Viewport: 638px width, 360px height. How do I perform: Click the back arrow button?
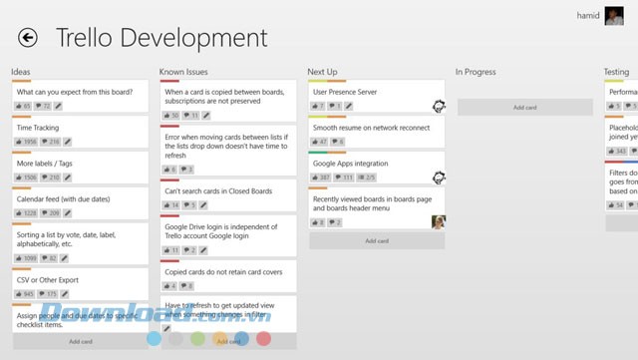[x=28, y=38]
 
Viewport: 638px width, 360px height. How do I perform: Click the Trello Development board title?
[x=161, y=38]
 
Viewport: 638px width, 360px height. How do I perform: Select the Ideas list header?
[x=21, y=72]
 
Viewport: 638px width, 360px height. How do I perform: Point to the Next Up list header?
[x=322, y=72]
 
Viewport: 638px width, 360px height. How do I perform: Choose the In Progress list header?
[x=476, y=72]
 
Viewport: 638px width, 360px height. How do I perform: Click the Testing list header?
[x=616, y=72]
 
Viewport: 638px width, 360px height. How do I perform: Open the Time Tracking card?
[x=38, y=128]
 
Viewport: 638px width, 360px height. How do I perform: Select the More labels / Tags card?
[x=46, y=163]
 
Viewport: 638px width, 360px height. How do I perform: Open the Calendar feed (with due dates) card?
[x=63, y=198]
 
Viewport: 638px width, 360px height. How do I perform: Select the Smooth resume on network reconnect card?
[x=371, y=128]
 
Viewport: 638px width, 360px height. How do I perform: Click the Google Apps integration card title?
[x=349, y=163]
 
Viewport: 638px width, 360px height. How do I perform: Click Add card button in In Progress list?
[x=524, y=107]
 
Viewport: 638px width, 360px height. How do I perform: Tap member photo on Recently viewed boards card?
[x=438, y=221]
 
